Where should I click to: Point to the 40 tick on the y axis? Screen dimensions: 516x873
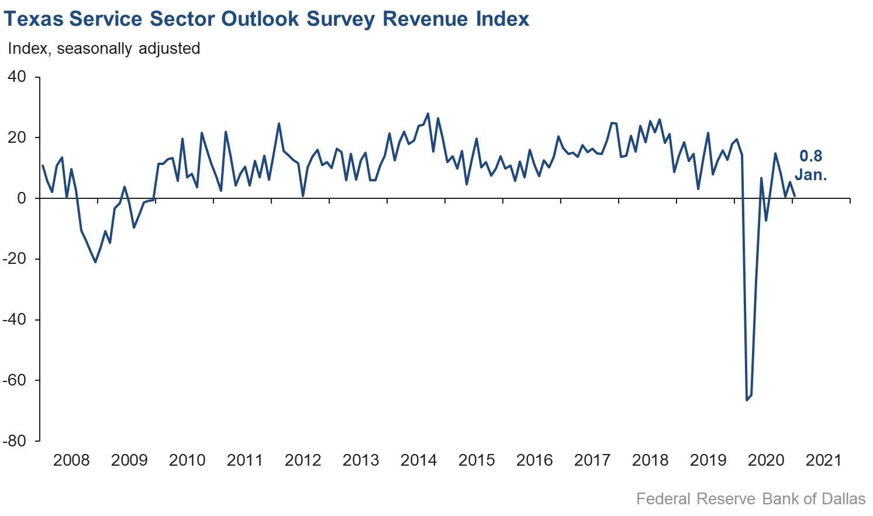(x=17, y=77)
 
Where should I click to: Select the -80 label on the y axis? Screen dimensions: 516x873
(x=15, y=441)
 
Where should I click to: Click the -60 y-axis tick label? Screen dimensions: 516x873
(x=15, y=380)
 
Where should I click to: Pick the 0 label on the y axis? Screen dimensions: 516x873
(x=22, y=198)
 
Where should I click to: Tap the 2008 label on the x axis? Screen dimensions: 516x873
(x=71, y=460)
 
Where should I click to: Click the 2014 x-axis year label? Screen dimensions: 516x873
(x=419, y=460)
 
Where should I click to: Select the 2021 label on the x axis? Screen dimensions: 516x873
(x=823, y=460)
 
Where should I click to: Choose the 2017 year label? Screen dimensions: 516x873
(x=592, y=460)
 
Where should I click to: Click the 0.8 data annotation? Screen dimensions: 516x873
(x=810, y=156)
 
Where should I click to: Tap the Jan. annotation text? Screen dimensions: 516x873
(x=810, y=174)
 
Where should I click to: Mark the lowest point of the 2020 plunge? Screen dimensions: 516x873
(x=747, y=400)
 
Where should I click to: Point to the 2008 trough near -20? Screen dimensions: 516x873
(x=95, y=262)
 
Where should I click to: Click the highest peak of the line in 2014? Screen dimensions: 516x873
(x=428, y=114)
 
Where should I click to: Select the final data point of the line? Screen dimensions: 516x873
(x=795, y=196)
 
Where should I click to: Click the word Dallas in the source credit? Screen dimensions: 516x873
(x=843, y=499)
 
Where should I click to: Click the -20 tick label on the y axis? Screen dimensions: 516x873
(x=15, y=259)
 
